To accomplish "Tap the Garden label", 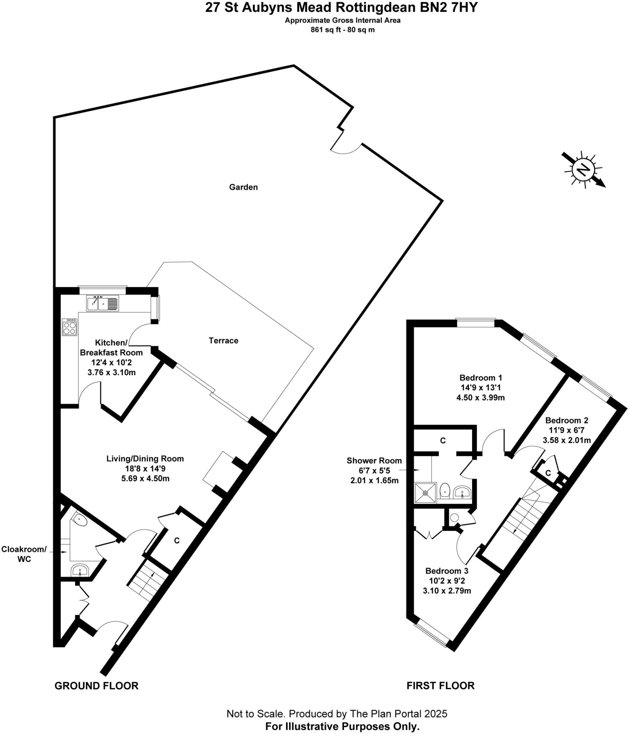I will [x=243, y=187].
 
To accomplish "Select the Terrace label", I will [x=223, y=340].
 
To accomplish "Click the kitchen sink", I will [x=102, y=303].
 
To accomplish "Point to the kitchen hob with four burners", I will [x=70, y=327].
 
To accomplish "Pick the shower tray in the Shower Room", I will [x=425, y=493].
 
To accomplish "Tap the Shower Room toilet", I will [x=445, y=490].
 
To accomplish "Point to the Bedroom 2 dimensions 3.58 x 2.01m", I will [x=567, y=440].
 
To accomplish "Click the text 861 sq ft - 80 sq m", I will [x=342, y=30].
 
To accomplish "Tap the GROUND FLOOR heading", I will [x=96, y=686].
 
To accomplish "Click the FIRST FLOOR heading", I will [x=440, y=686].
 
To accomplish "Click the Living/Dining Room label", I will [x=145, y=459].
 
